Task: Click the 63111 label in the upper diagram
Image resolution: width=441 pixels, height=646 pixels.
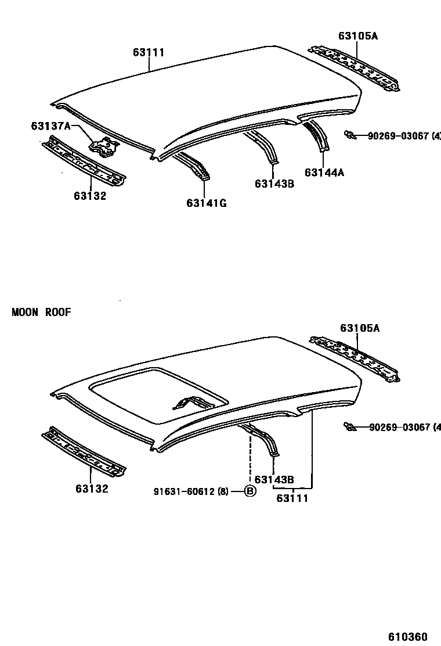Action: [x=149, y=53]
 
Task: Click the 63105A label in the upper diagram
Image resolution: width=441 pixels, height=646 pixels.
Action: [x=358, y=36]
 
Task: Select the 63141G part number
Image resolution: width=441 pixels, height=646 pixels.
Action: [x=206, y=203]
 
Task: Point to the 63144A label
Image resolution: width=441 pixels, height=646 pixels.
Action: [x=324, y=172]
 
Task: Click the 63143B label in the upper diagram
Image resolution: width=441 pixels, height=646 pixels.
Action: [x=274, y=184]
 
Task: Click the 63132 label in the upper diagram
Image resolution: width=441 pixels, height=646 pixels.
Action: [x=90, y=196]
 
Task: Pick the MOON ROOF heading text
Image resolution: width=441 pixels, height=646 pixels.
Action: [x=41, y=313]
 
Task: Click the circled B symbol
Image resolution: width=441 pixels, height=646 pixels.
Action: [x=250, y=491]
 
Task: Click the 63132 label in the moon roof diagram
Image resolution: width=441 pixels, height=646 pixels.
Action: [x=91, y=489]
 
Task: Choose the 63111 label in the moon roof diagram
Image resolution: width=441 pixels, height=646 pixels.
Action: [x=292, y=498]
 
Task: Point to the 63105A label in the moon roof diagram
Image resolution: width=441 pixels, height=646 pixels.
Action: [x=360, y=328]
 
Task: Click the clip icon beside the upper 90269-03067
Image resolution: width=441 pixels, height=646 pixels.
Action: [x=349, y=135]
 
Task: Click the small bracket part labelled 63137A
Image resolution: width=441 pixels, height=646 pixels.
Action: [x=103, y=146]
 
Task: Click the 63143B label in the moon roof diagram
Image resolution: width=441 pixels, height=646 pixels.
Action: [x=274, y=480]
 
